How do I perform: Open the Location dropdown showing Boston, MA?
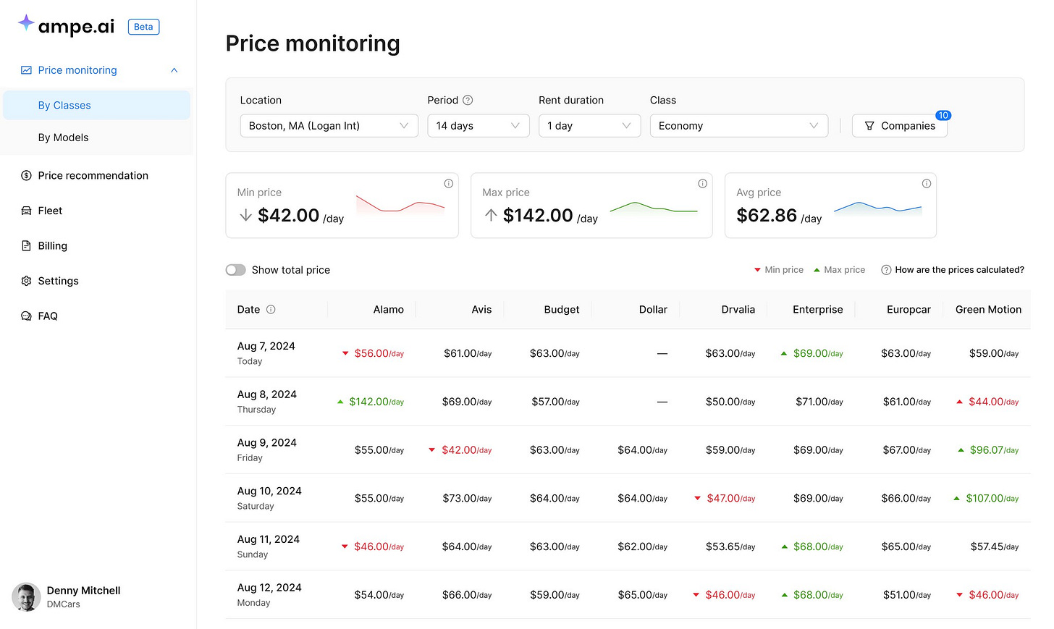tap(329, 126)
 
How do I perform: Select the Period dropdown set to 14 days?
tap(478, 126)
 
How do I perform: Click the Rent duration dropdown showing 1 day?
tap(589, 126)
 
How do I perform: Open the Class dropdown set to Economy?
tap(738, 126)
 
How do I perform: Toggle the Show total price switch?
tap(236, 270)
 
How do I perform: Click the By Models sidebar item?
tap(64, 138)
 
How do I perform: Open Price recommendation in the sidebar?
tap(93, 176)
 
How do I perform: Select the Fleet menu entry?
tap(50, 211)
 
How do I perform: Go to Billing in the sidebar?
tap(52, 246)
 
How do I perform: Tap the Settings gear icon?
tap(27, 281)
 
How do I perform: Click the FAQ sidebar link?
tap(48, 316)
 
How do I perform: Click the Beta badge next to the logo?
tap(143, 27)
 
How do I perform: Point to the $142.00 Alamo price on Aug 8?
tap(376, 402)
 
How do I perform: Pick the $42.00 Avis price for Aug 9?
tap(466, 450)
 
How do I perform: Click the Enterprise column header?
tap(817, 310)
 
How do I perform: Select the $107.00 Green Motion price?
tap(991, 499)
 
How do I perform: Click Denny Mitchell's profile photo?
tap(26, 597)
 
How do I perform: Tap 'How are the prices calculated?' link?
tap(959, 270)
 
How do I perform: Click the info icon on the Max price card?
tap(702, 184)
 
